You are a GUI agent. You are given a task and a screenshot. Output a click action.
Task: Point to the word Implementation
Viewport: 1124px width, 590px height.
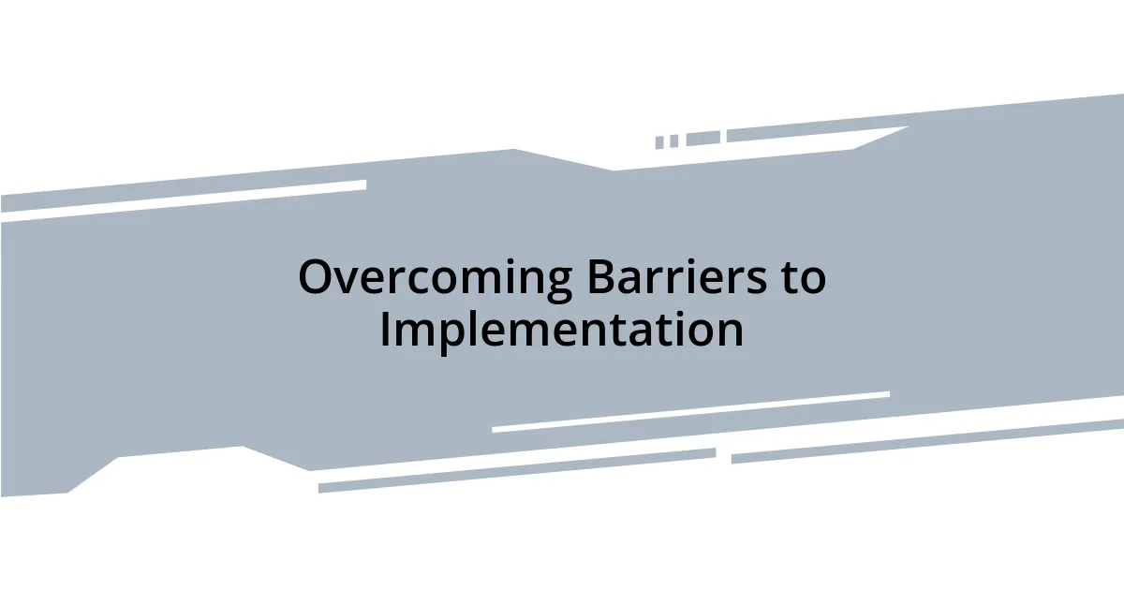[x=562, y=331]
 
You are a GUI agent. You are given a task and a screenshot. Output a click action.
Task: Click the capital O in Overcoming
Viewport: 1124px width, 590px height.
[x=317, y=278]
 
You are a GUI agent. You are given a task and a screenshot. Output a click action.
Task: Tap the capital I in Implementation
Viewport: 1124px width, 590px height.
[x=385, y=331]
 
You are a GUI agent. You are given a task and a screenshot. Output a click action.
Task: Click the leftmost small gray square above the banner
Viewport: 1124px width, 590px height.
[x=659, y=142]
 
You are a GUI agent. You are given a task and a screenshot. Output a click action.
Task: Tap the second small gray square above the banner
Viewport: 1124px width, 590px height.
[x=673, y=141]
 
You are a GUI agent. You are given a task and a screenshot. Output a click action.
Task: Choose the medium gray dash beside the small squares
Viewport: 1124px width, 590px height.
[x=702, y=139]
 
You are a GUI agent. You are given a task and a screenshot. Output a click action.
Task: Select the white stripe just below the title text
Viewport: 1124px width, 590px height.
[x=690, y=412]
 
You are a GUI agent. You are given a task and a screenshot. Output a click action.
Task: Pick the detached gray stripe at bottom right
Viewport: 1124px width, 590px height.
[x=927, y=440]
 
